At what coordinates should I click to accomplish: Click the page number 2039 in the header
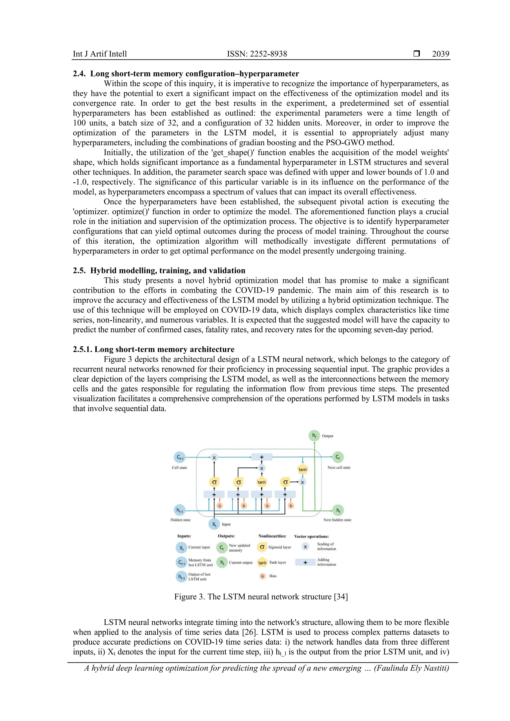(x=440, y=54)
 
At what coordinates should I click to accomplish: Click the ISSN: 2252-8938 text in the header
(x=257, y=54)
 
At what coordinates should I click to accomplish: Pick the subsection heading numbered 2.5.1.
(x=154, y=349)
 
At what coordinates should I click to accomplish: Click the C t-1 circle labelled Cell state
(x=180, y=457)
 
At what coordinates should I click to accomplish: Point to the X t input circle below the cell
(x=214, y=524)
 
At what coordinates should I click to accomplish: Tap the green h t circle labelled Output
(x=314, y=436)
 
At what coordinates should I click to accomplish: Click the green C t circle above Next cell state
(x=338, y=457)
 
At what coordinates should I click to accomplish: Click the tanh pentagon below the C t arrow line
(x=303, y=469)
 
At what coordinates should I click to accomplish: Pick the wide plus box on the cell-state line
(x=261, y=457)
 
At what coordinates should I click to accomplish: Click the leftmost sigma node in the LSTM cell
(x=214, y=482)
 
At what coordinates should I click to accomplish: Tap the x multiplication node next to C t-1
(x=214, y=457)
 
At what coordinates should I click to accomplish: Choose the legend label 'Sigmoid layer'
(x=279, y=547)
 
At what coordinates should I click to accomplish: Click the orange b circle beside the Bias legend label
(x=262, y=576)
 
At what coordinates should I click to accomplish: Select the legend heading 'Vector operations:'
(x=311, y=536)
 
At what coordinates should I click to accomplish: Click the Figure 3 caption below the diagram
(x=261, y=597)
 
